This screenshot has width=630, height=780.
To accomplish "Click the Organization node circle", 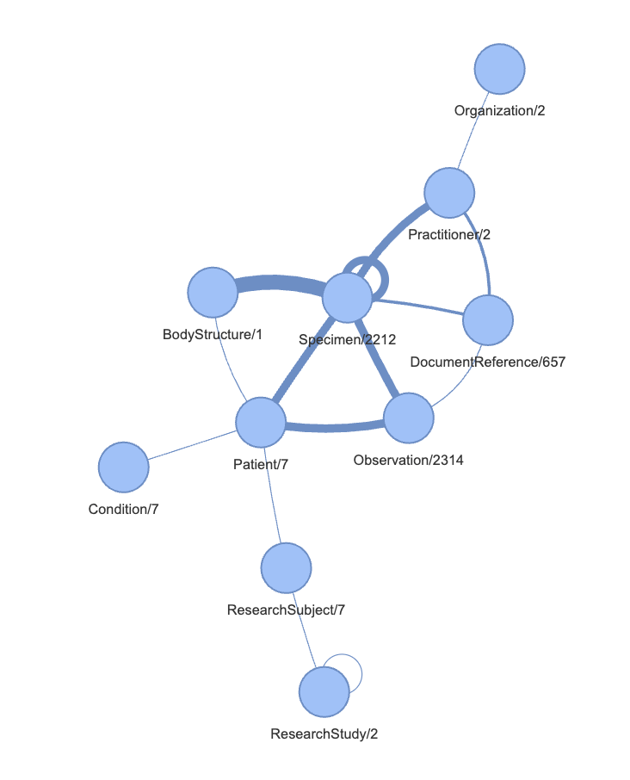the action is (500, 69).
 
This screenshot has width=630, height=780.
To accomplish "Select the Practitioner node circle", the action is (449, 193).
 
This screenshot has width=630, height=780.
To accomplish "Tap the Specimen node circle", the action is (348, 298).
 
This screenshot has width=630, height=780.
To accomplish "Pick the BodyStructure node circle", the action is (213, 292).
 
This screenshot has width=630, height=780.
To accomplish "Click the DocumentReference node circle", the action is (488, 319).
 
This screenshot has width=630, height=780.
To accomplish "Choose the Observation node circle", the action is (409, 418).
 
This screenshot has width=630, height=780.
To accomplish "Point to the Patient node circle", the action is (261, 423).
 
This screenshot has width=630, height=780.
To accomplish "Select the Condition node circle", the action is (124, 467).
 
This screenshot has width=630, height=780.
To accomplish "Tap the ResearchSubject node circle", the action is (287, 568).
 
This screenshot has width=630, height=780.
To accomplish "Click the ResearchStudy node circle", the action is (324, 692).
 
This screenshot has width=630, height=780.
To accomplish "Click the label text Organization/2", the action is (499, 110).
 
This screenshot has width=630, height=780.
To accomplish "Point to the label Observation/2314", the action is (408, 460).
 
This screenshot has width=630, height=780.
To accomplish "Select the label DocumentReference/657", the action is (488, 362).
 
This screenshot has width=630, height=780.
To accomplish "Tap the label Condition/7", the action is (123, 509).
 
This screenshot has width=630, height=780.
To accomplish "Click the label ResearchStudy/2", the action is (324, 734).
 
